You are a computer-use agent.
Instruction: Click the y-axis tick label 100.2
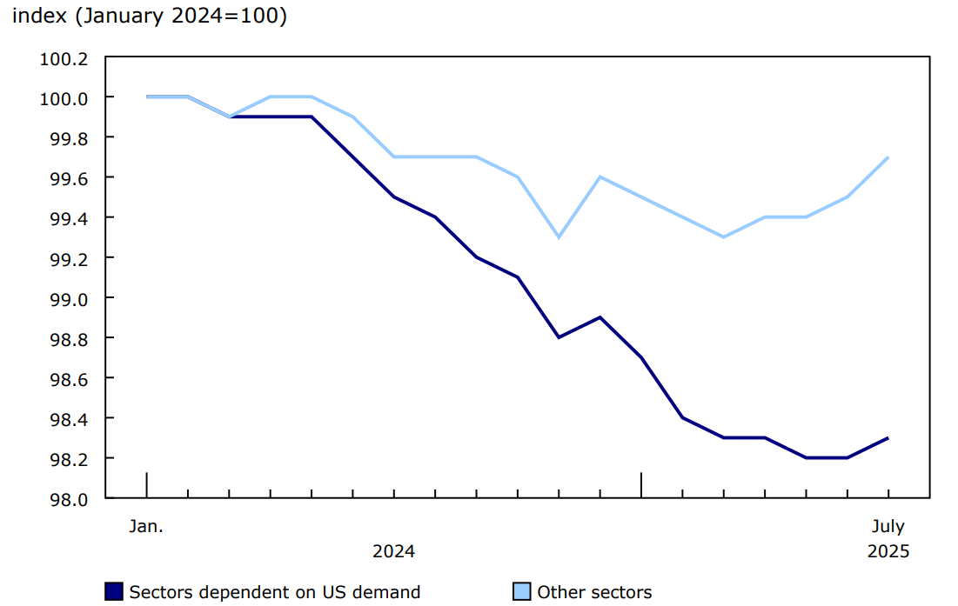(64, 58)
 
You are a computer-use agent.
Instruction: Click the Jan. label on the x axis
(146, 527)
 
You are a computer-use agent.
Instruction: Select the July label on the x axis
(888, 527)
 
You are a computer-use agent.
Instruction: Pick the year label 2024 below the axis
(393, 552)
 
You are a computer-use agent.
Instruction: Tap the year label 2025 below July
(888, 552)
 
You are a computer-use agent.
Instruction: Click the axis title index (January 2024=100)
(149, 17)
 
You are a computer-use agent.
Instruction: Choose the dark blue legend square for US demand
(113, 592)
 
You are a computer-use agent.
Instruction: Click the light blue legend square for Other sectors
(521, 592)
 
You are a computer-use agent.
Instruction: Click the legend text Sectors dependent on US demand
(274, 592)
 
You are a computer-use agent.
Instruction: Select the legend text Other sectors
(594, 592)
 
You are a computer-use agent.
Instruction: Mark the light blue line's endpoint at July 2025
(888, 157)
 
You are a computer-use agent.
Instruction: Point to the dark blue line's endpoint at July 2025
(888, 438)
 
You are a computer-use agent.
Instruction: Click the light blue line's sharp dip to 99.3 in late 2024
(559, 237)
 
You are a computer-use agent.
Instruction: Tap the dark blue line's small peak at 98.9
(600, 317)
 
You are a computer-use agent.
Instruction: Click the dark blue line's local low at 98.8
(559, 337)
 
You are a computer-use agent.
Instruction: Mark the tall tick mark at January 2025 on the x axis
(641, 485)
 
